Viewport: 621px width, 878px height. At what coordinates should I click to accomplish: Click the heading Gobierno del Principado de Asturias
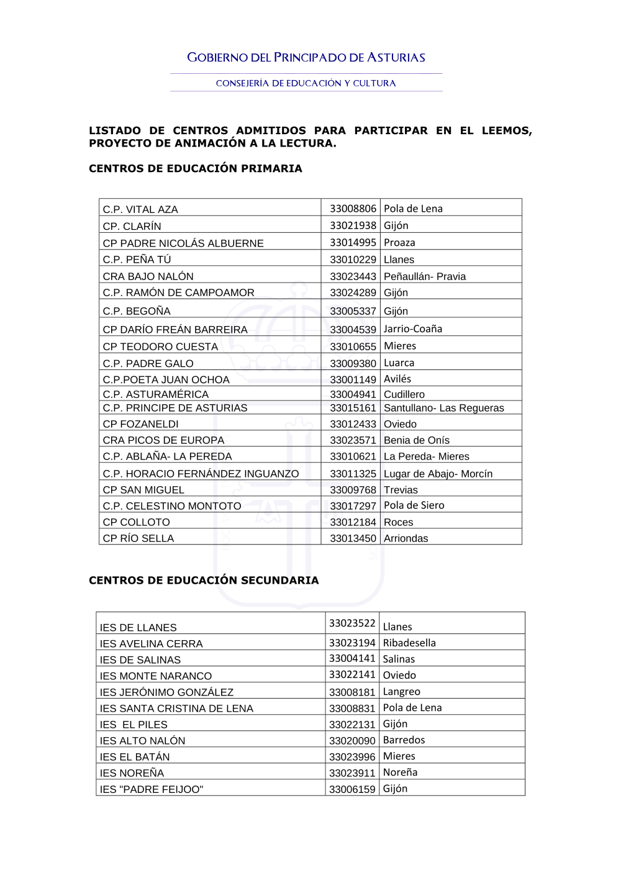306,58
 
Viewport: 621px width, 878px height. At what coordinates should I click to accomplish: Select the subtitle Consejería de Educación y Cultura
306,83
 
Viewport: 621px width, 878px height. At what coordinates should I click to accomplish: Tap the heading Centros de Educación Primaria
196,168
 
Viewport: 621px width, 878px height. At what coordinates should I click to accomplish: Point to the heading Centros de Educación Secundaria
204,580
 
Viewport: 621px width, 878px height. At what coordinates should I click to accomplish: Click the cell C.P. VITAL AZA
140,209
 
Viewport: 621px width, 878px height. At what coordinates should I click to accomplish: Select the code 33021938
353,226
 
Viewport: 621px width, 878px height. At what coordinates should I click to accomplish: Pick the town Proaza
399,243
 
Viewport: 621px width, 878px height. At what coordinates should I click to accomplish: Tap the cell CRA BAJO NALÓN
148,276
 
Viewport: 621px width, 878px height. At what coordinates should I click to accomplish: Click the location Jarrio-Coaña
413,329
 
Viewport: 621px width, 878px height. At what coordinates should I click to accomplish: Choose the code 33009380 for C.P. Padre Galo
353,363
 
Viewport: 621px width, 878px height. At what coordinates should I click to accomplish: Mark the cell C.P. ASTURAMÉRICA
156,394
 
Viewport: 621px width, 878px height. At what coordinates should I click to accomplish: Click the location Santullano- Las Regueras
443,408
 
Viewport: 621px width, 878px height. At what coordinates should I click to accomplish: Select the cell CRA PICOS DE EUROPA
163,440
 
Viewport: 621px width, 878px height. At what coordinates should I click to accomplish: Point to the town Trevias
401,490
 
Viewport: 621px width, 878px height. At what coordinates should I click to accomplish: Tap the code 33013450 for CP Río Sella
353,538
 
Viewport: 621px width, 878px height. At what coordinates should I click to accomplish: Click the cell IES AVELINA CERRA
151,644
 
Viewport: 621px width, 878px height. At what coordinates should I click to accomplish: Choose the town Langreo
401,692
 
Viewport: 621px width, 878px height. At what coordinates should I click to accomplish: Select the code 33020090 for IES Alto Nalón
352,741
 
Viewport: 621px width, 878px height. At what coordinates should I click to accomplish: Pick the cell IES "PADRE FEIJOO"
152,789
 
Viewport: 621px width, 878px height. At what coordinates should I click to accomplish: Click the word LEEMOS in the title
506,130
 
